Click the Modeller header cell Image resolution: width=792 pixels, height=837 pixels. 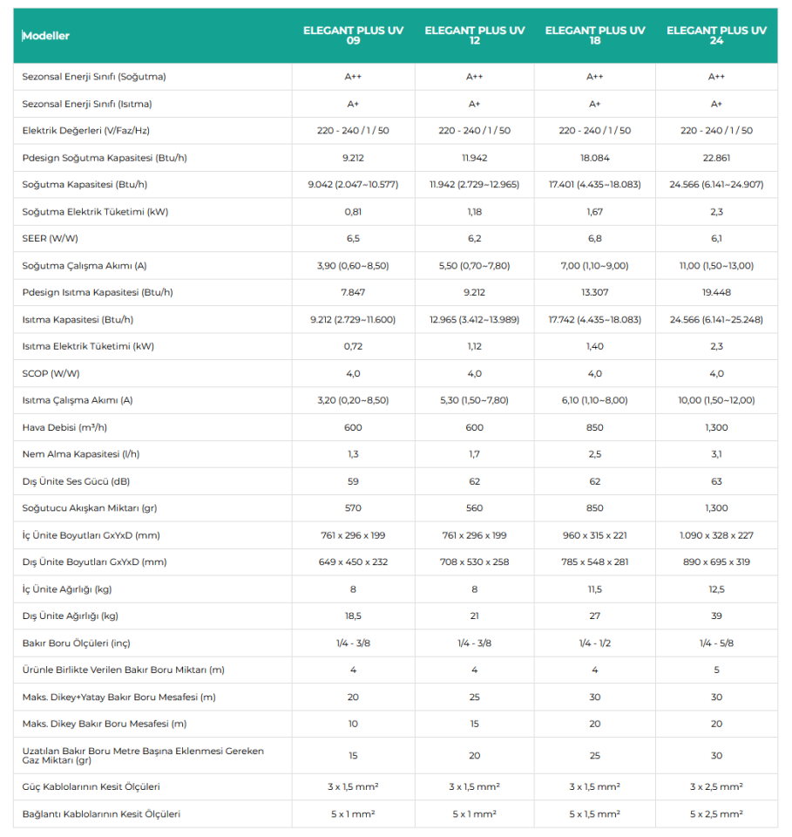(47, 36)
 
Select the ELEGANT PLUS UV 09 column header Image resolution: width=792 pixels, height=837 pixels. (353, 36)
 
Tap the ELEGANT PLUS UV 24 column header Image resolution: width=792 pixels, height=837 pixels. (716, 36)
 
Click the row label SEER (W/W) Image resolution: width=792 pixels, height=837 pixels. (51, 238)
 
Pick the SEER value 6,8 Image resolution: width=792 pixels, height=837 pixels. (595, 238)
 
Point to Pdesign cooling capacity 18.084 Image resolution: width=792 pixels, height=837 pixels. (595, 158)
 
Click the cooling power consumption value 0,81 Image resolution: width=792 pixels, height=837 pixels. (353, 212)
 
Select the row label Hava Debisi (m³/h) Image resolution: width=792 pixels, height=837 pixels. (65, 427)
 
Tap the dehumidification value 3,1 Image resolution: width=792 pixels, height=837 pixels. (716, 454)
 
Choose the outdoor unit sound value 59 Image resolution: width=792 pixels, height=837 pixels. (353, 481)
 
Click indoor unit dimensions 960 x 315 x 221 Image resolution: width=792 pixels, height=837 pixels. (595, 535)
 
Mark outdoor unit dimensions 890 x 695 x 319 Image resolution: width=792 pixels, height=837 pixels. (716, 562)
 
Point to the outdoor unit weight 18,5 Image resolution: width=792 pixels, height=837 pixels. (353, 616)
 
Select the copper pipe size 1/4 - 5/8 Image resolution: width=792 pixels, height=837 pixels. (716, 643)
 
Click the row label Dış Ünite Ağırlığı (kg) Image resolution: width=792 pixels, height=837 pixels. (71, 616)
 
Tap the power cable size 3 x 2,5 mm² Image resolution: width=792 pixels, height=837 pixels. (716, 786)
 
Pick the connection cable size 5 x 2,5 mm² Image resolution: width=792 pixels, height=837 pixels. (716, 813)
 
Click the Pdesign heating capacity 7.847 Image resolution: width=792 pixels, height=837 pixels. (353, 292)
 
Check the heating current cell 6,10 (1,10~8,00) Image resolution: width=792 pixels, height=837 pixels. (595, 400)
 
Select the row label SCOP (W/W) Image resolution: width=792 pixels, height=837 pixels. (51, 373)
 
